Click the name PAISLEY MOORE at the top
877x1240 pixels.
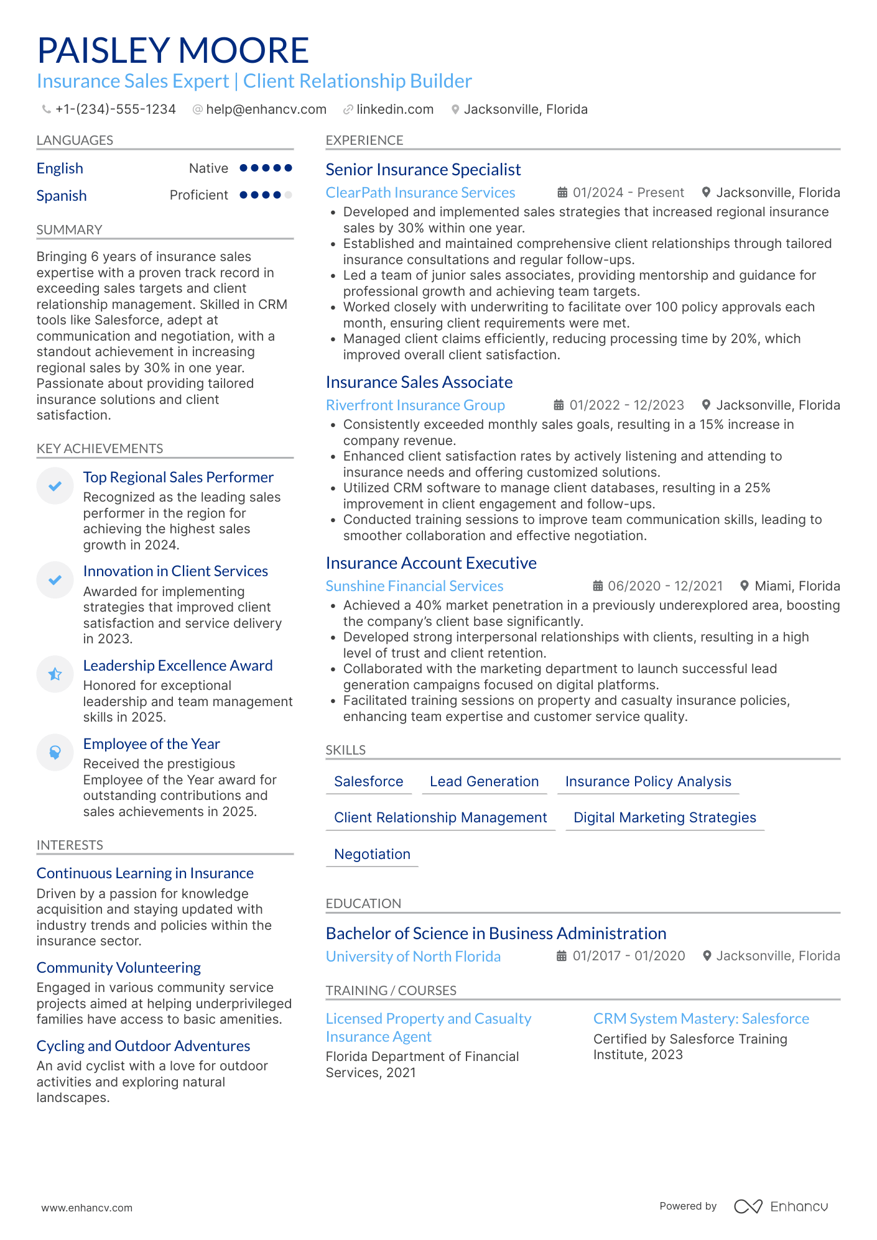173,50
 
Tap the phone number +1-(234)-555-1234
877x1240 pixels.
115,109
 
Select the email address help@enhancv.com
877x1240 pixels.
266,109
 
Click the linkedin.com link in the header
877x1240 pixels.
394,109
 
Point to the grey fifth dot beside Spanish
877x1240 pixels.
288,195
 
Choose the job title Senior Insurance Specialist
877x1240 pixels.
423,170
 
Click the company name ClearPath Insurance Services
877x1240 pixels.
420,193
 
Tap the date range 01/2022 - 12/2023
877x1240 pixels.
626,405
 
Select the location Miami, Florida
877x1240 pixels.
797,586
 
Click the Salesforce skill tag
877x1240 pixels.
368,781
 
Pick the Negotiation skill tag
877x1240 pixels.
372,854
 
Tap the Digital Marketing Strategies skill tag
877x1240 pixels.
664,817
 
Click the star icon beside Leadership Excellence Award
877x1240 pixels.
55,674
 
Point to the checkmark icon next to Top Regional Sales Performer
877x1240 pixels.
55,485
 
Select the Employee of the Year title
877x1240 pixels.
151,744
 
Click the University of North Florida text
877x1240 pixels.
413,957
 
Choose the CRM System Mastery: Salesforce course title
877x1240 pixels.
701,1019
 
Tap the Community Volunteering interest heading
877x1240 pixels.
118,968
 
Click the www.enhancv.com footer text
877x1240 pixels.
87,1208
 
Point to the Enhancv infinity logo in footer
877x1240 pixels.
748,1206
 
